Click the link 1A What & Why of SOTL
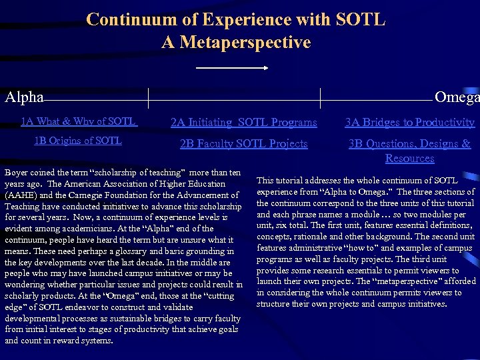tap(79, 121)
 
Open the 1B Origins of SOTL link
tap(78, 141)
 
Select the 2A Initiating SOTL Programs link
tap(244, 122)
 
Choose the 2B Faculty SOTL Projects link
tap(244, 144)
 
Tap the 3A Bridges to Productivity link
tap(409, 122)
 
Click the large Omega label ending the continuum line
tap(457, 97)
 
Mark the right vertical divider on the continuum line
tap(321, 97)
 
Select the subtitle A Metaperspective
tap(236, 43)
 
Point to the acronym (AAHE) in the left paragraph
tap(23, 196)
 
